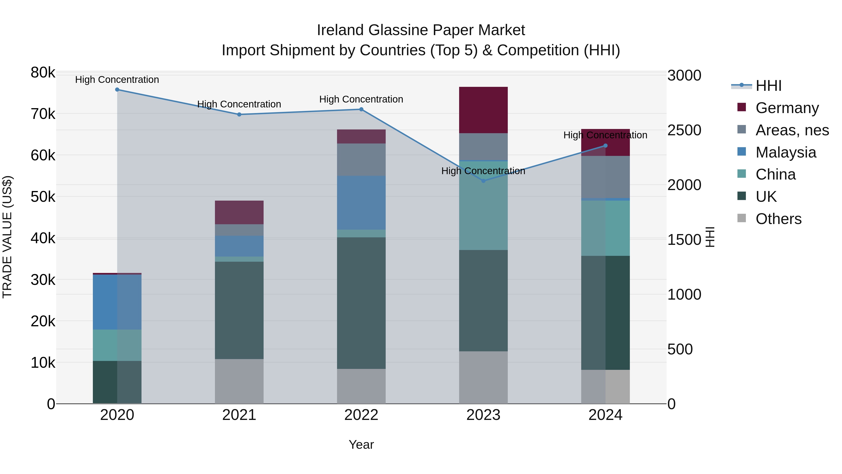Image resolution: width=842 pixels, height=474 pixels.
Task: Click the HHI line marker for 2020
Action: point(117,90)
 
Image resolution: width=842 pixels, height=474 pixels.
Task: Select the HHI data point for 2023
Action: point(483,180)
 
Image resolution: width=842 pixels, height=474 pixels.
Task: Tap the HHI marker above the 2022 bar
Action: point(361,109)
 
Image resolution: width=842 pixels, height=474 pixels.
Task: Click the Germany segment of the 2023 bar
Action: point(483,110)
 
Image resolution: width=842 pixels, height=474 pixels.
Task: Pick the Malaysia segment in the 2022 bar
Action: point(361,202)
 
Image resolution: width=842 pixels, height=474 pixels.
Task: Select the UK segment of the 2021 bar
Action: point(239,310)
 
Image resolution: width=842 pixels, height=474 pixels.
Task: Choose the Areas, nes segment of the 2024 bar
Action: point(605,177)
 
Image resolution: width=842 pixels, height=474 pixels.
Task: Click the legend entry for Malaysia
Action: point(785,152)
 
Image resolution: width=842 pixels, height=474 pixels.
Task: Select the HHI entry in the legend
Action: point(768,86)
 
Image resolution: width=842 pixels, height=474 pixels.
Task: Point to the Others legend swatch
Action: point(742,218)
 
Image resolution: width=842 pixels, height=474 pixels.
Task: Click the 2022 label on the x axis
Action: point(361,415)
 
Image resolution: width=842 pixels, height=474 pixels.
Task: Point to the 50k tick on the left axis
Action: point(43,197)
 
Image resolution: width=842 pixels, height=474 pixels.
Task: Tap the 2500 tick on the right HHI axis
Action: point(684,130)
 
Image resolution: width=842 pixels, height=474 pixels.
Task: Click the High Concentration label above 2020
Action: point(117,80)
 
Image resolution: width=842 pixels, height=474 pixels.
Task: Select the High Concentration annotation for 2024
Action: point(605,135)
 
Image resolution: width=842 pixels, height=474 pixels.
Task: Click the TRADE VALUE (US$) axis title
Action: point(7,237)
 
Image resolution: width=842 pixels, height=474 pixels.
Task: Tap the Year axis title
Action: point(361,445)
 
